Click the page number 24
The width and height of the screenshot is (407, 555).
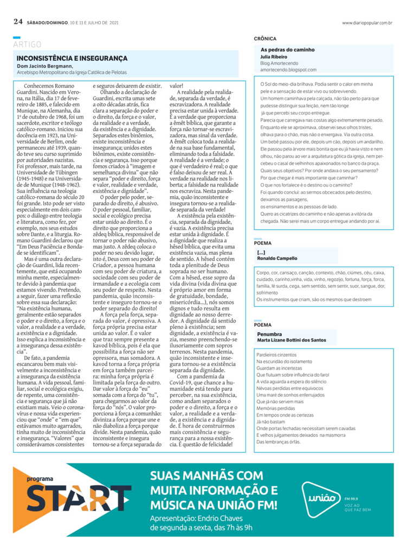coord(18,22)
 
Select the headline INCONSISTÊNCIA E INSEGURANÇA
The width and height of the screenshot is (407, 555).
coord(72,58)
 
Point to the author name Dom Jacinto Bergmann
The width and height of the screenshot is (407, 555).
coord(43,66)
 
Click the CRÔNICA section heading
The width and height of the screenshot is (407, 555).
coord(265,39)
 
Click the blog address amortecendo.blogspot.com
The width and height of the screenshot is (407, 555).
coord(288,69)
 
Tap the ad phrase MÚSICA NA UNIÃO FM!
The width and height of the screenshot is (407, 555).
coord(214,505)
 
